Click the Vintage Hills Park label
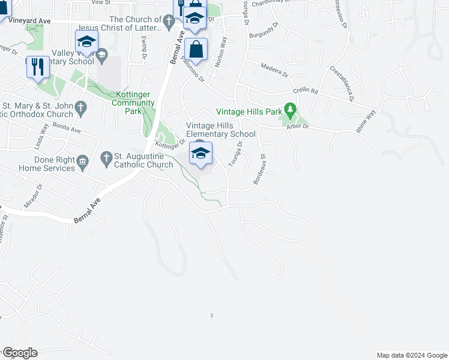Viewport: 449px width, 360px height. click(x=249, y=112)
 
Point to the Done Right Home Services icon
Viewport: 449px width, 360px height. click(x=83, y=160)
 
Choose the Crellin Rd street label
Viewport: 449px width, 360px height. click(x=305, y=91)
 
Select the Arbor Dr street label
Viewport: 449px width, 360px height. click(x=297, y=126)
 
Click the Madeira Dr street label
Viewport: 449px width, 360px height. click(x=274, y=70)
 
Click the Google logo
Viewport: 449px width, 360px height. click(x=19, y=353)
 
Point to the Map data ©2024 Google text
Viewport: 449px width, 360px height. click(x=411, y=355)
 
